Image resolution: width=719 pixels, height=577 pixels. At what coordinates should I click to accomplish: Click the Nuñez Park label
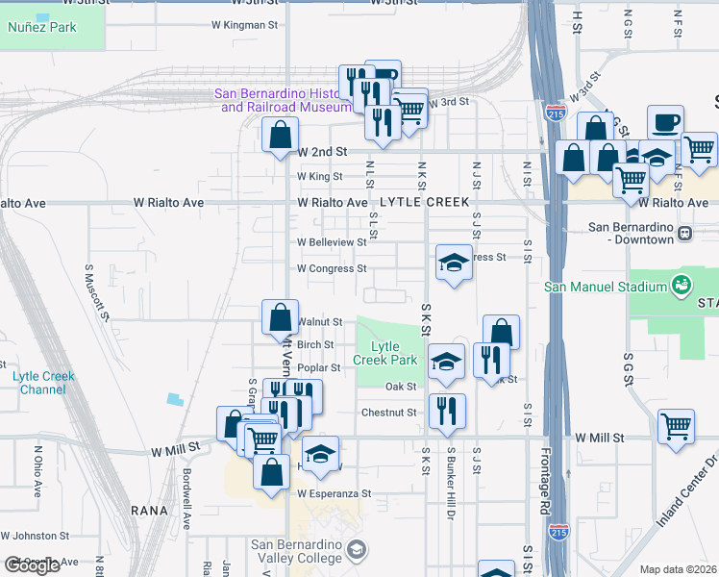click(x=41, y=27)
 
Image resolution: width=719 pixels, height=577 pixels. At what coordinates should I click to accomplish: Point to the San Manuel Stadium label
click(x=606, y=286)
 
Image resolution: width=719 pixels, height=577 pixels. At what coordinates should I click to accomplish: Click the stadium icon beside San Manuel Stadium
click(x=682, y=285)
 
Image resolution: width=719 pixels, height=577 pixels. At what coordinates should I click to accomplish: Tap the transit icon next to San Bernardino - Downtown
click(x=684, y=234)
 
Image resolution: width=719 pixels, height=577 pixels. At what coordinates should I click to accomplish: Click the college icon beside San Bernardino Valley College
click(x=357, y=550)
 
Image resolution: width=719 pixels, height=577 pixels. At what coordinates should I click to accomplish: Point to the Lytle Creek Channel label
click(x=43, y=383)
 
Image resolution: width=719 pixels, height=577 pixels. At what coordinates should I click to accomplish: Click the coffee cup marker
click(x=665, y=124)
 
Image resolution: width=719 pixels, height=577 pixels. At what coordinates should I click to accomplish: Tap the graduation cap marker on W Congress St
click(x=454, y=263)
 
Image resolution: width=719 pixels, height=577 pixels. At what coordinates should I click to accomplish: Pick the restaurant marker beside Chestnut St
click(x=447, y=411)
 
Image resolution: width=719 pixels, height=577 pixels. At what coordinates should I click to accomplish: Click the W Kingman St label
click(x=236, y=26)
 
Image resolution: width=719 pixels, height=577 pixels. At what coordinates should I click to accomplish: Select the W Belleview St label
click(x=332, y=242)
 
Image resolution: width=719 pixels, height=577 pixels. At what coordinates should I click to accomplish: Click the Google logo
click(x=32, y=565)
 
